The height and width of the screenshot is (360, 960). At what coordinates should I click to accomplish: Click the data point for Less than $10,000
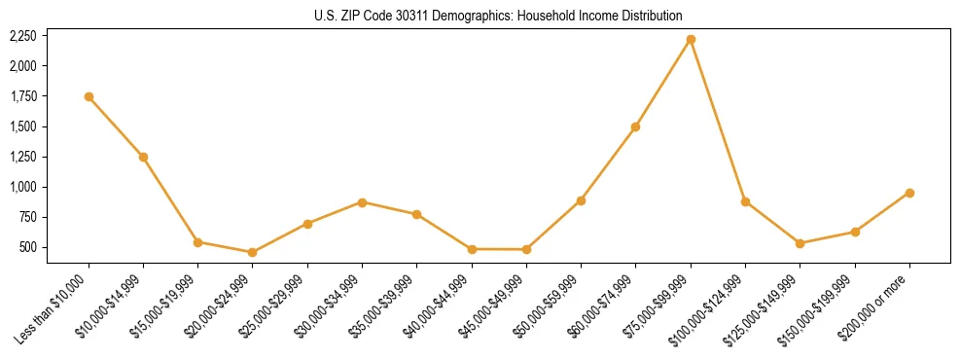click(x=89, y=96)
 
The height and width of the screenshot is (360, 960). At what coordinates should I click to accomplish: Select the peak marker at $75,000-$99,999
click(x=691, y=39)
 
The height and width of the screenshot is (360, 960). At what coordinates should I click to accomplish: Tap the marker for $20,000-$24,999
click(x=253, y=252)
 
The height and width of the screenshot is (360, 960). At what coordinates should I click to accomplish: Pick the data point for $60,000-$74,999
click(x=635, y=126)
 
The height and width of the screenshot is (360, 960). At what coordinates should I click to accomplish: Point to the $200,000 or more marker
click(x=909, y=193)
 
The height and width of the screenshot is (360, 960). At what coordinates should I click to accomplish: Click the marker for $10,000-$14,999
click(x=143, y=157)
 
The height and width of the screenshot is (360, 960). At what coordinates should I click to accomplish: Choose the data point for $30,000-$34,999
click(x=362, y=202)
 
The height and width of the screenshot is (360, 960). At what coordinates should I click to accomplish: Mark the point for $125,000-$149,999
click(x=800, y=243)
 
